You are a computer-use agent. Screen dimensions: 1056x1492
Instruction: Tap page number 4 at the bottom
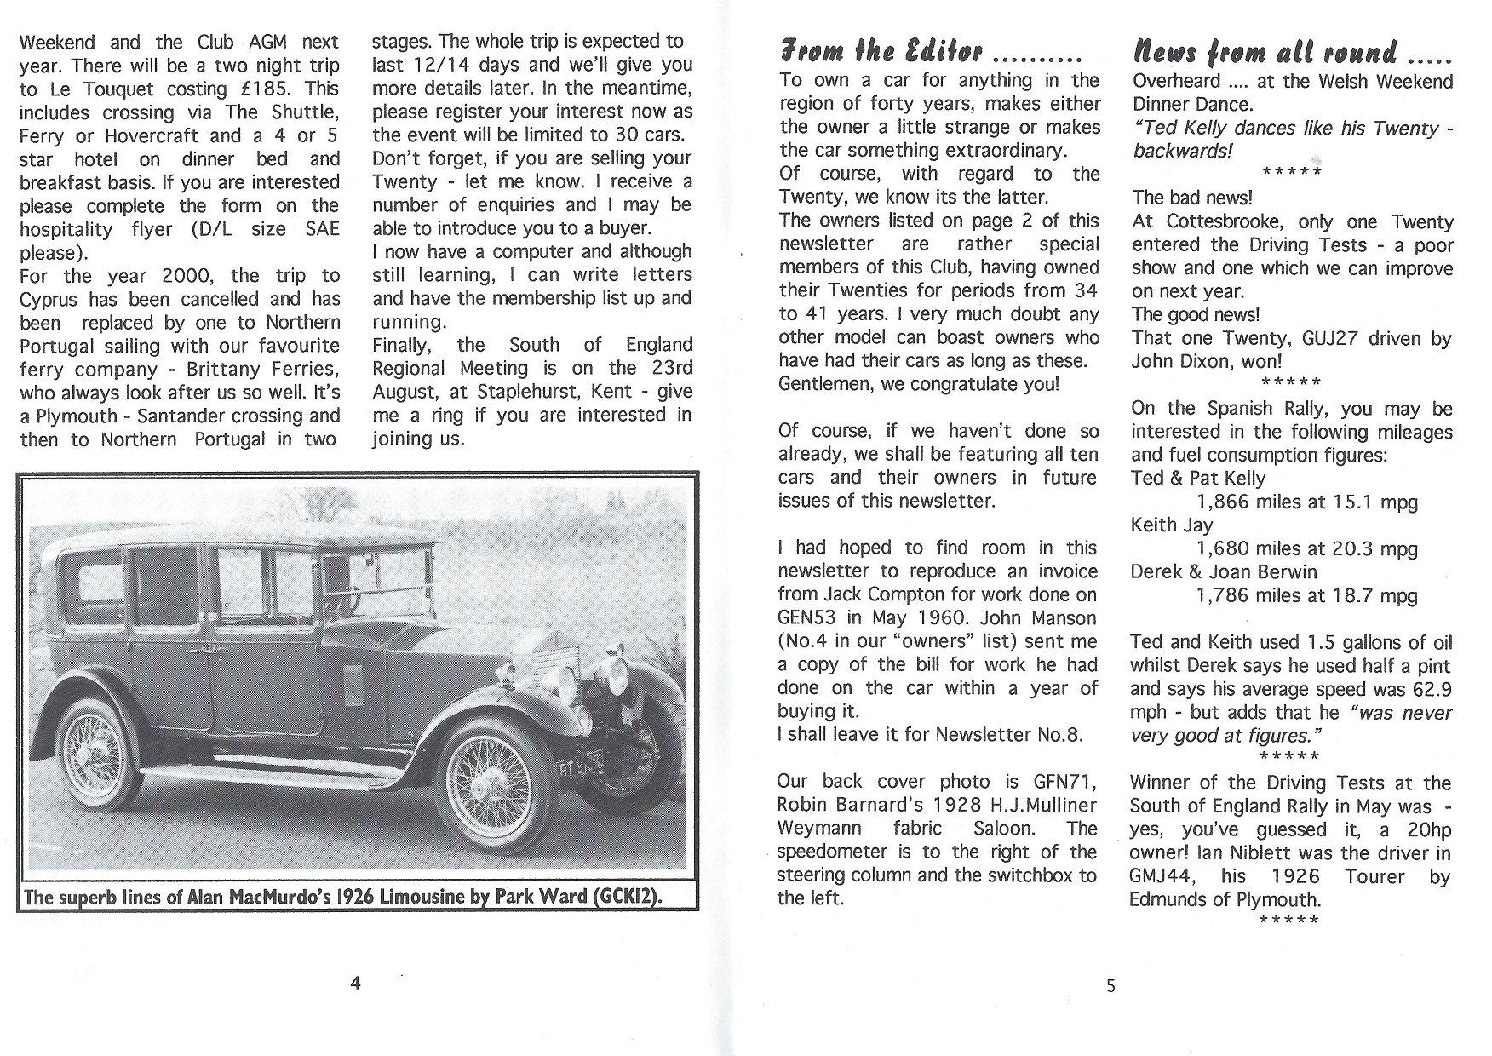(355, 983)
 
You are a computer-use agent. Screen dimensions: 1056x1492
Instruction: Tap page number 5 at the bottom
(1110, 986)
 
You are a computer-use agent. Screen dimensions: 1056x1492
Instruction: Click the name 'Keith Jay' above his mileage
(1172, 525)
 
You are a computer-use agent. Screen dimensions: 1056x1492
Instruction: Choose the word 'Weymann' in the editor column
(818, 828)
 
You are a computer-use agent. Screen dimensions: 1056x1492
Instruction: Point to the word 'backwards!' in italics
(1182, 151)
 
